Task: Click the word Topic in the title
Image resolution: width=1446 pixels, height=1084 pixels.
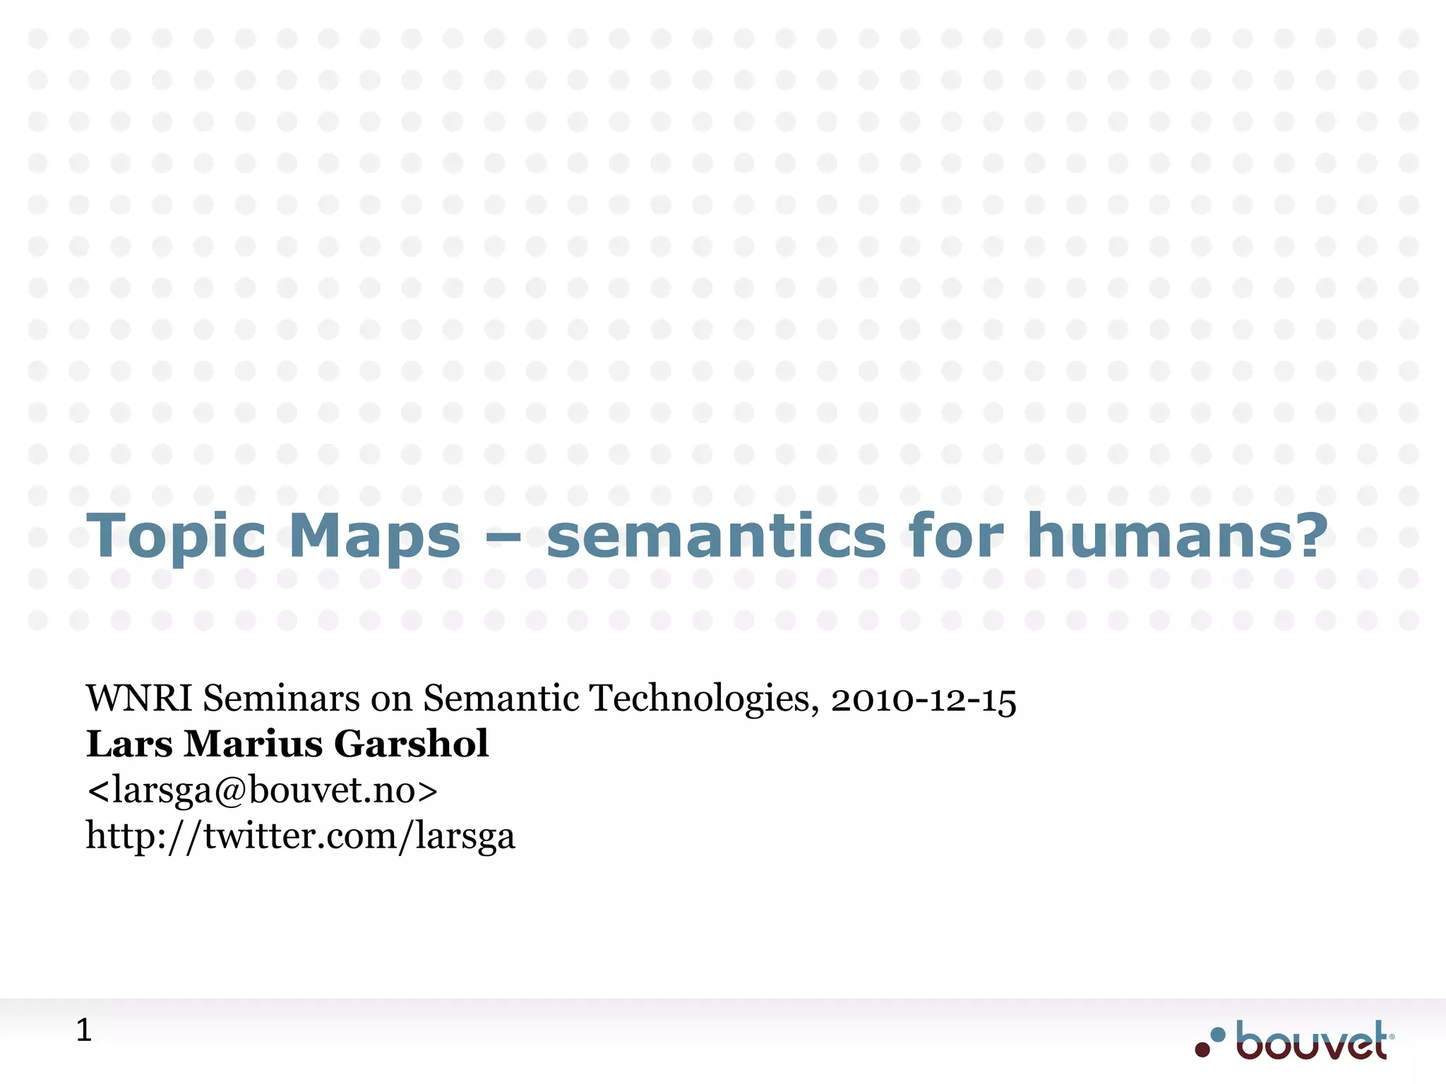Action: [176, 536]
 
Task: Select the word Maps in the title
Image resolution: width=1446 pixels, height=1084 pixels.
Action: [375, 536]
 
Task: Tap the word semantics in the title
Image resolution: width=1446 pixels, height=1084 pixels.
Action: [716, 536]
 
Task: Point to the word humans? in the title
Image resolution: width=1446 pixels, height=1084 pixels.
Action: [1177, 536]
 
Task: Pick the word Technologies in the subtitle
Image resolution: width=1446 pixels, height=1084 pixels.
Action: [704, 699]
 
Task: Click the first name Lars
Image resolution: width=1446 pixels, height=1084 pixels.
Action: [129, 744]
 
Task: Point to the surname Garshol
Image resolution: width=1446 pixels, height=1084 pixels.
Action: [411, 744]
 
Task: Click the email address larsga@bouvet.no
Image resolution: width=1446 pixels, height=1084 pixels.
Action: [262, 790]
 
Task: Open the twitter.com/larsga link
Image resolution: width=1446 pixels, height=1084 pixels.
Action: [301, 836]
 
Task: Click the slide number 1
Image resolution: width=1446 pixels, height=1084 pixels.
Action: [83, 1031]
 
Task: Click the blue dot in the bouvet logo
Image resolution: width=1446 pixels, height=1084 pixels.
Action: [1218, 1035]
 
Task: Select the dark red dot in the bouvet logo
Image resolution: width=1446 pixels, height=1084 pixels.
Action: [1202, 1049]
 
